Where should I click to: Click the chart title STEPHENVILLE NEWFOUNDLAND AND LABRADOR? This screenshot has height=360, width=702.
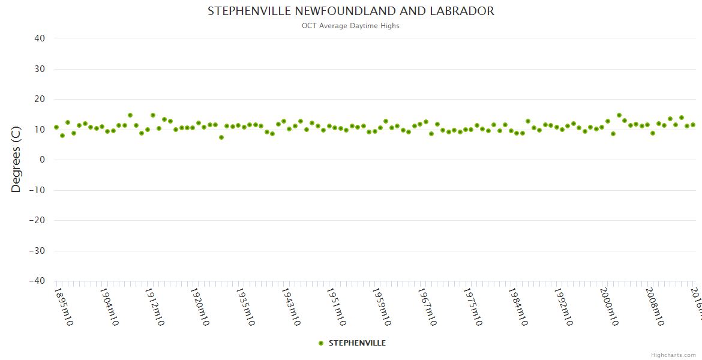(351, 11)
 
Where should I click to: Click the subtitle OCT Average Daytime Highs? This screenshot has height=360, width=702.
(351, 26)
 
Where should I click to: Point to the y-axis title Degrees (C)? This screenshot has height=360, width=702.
(16, 160)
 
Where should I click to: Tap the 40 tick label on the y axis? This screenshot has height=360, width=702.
(40, 38)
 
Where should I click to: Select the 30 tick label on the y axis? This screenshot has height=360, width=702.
(40, 69)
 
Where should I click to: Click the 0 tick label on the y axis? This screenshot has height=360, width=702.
(42, 160)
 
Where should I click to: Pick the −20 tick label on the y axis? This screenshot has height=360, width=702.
(37, 220)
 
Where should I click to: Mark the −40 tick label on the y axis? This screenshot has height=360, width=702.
(37, 281)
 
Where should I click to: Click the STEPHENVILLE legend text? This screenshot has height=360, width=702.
(357, 343)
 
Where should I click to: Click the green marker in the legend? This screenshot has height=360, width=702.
(321, 343)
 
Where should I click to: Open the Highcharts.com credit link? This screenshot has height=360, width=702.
(673, 355)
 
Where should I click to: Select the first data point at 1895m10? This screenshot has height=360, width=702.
(56, 127)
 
